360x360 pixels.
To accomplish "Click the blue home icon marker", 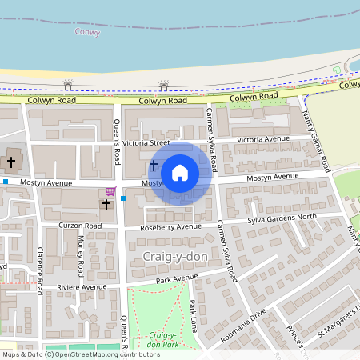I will click(180, 173).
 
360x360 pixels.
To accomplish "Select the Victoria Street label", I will click(152, 143).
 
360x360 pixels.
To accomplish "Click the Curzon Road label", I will click(80, 226).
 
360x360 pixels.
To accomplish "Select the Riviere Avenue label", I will click(82, 287).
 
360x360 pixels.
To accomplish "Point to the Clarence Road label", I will click(39, 264).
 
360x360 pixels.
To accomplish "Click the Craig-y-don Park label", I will click(162, 338).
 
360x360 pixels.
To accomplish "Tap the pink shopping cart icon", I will click(110, 192).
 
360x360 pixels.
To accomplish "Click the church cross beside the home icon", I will click(153, 165).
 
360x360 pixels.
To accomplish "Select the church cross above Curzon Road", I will click(106, 205).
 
